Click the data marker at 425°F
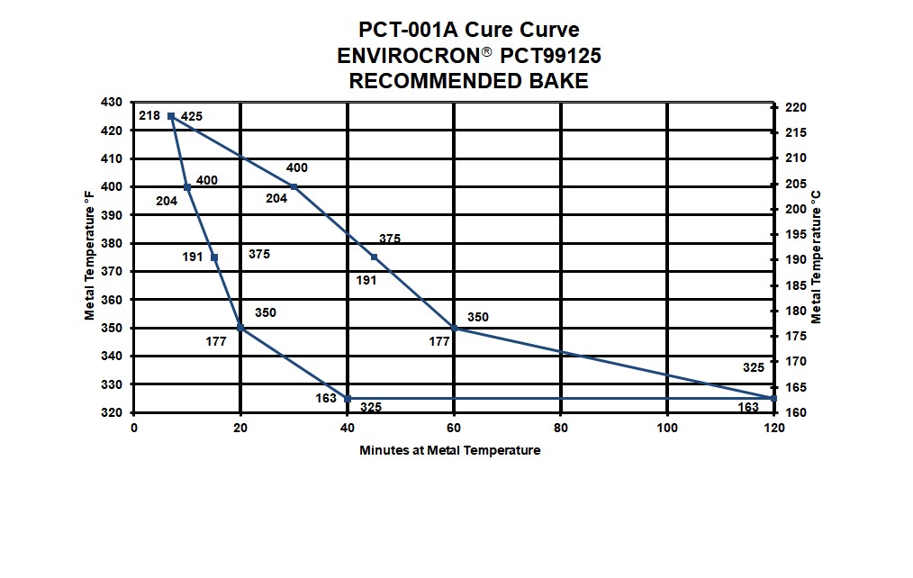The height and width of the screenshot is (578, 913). click(x=170, y=116)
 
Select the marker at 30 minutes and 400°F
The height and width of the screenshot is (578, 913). click(x=294, y=187)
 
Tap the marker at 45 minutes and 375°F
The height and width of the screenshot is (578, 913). click(x=374, y=257)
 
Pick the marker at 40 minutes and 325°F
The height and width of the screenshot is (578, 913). click(x=348, y=399)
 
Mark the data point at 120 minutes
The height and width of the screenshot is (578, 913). click(x=773, y=399)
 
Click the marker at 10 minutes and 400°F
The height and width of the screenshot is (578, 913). click(x=187, y=187)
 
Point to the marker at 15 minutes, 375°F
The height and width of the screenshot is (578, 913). click(x=213, y=257)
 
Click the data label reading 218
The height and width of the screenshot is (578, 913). click(x=149, y=115)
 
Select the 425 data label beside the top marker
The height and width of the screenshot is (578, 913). click(x=192, y=116)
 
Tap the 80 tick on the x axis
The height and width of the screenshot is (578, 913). click(x=561, y=429)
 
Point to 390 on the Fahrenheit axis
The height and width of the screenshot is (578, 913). click(x=112, y=215)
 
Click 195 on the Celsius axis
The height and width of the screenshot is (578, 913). click(x=796, y=235)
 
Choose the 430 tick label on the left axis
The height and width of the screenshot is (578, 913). click(x=112, y=103)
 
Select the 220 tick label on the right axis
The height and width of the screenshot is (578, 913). click(x=796, y=108)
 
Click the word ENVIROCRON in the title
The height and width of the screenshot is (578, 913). click(x=409, y=56)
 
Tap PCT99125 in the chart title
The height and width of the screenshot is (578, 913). click(x=551, y=56)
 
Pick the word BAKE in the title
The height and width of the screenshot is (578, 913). click(x=558, y=81)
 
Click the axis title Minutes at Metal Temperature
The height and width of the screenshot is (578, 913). click(x=449, y=450)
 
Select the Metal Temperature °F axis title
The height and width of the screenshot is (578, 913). click(x=90, y=256)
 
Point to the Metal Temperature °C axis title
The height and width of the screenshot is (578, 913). click(x=816, y=257)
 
